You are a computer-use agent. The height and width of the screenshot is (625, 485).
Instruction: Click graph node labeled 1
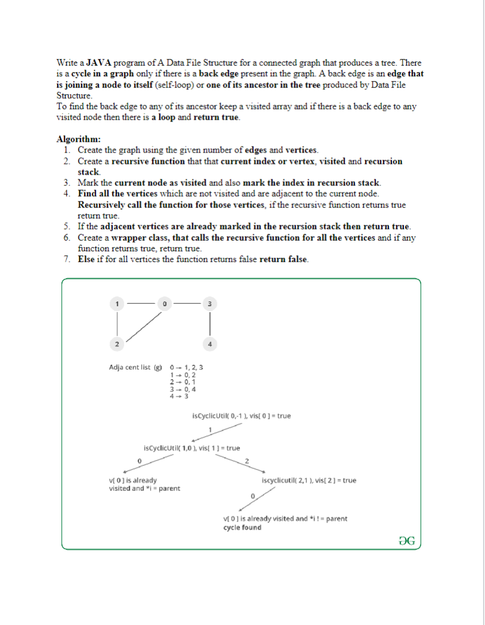tap(117, 303)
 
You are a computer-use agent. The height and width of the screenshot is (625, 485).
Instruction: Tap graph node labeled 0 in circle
tap(163, 303)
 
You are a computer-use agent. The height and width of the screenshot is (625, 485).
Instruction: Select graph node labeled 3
tap(209, 303)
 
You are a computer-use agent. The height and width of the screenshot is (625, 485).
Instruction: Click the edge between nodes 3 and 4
tap(209, 324)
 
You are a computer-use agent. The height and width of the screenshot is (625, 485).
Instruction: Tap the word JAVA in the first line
tap(99, 63)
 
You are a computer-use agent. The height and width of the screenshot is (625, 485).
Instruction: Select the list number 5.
tap(67, 226)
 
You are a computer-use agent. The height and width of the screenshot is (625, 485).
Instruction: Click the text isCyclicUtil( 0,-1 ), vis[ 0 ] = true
tap(242, 415)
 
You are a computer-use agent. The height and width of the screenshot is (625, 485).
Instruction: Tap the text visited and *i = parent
tap(145, 489)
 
